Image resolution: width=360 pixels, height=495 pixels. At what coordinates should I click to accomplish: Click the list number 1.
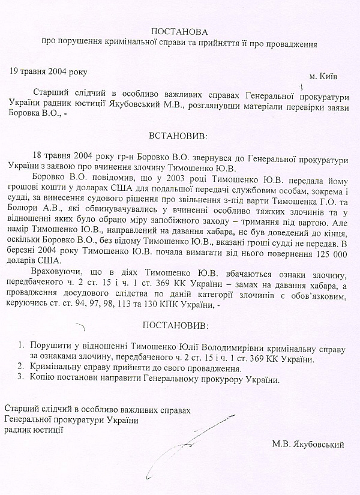21,347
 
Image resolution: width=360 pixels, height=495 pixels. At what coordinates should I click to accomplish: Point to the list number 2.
21,368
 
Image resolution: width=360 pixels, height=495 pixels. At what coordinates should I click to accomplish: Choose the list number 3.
21,379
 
